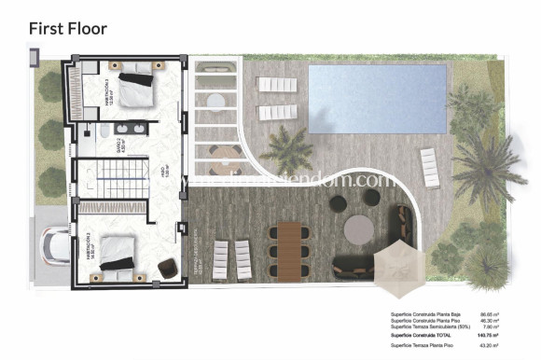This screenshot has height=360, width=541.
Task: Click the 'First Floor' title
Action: [x=68, y=28]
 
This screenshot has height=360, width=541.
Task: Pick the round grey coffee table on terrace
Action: [x=359, y=228]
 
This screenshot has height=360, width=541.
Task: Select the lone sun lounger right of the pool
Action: [x=430, y=167]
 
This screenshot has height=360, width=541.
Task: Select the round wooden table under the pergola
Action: [x=215, y=99]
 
